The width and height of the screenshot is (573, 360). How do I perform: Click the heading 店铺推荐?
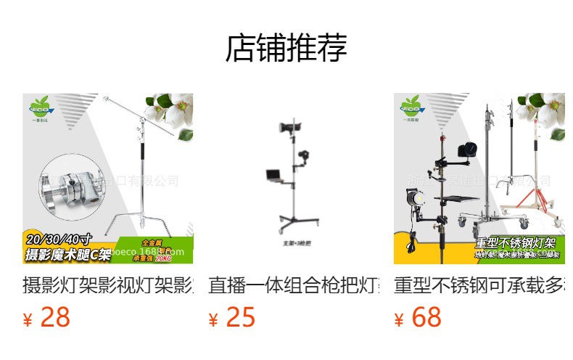point(286,48)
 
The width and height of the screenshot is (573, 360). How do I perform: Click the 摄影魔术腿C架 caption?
point(68,254)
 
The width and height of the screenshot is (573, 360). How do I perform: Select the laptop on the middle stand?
point(274,174)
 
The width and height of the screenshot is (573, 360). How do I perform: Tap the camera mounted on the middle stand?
point(305,155)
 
